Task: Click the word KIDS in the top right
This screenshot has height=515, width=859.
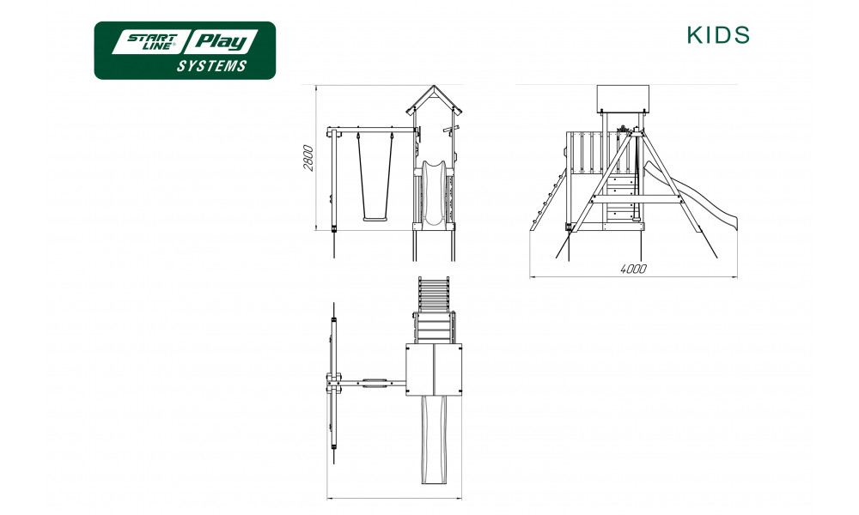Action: click(x=718, y=35)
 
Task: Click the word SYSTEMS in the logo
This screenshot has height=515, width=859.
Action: click(x=211, y=66)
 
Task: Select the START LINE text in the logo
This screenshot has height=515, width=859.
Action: click(x=152, y=42)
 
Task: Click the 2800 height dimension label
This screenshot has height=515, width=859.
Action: click(x=309, y=158)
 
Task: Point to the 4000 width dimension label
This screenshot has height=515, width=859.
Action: click(x=633, y=269)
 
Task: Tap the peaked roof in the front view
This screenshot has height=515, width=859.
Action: click(x=434, y=100)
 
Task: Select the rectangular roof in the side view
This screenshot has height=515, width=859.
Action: click(x=622, y=99)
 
